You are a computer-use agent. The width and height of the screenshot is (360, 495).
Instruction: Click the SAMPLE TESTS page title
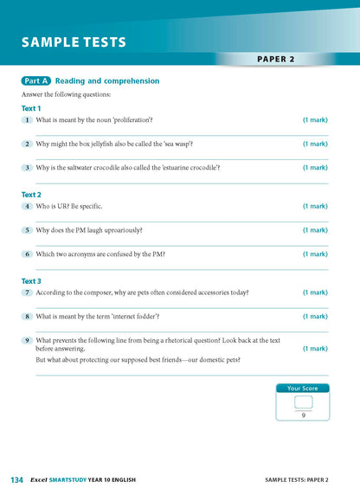[74, 42]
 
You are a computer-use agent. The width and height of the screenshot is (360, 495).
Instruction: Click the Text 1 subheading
[31, 108]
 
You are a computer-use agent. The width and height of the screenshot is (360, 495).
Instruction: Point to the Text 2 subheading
[31, 195]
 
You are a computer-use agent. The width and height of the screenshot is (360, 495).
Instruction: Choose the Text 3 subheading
[31, 281]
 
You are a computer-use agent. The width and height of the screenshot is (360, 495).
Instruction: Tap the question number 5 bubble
[28, 230]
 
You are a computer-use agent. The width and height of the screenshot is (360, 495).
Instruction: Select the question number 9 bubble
[28, 341]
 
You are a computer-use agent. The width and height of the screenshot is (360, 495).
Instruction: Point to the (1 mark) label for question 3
[314, 168]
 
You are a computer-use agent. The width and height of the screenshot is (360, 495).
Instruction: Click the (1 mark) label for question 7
[314, 292]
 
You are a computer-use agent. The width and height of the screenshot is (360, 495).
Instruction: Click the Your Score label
[302, 389]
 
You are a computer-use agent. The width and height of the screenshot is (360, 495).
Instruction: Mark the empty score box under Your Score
[302, 402]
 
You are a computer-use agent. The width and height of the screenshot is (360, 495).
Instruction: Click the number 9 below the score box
[302, 415]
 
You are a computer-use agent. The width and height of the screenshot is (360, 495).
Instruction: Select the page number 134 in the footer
[16, 479]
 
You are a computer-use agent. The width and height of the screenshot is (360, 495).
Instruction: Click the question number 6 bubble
[28, 254]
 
